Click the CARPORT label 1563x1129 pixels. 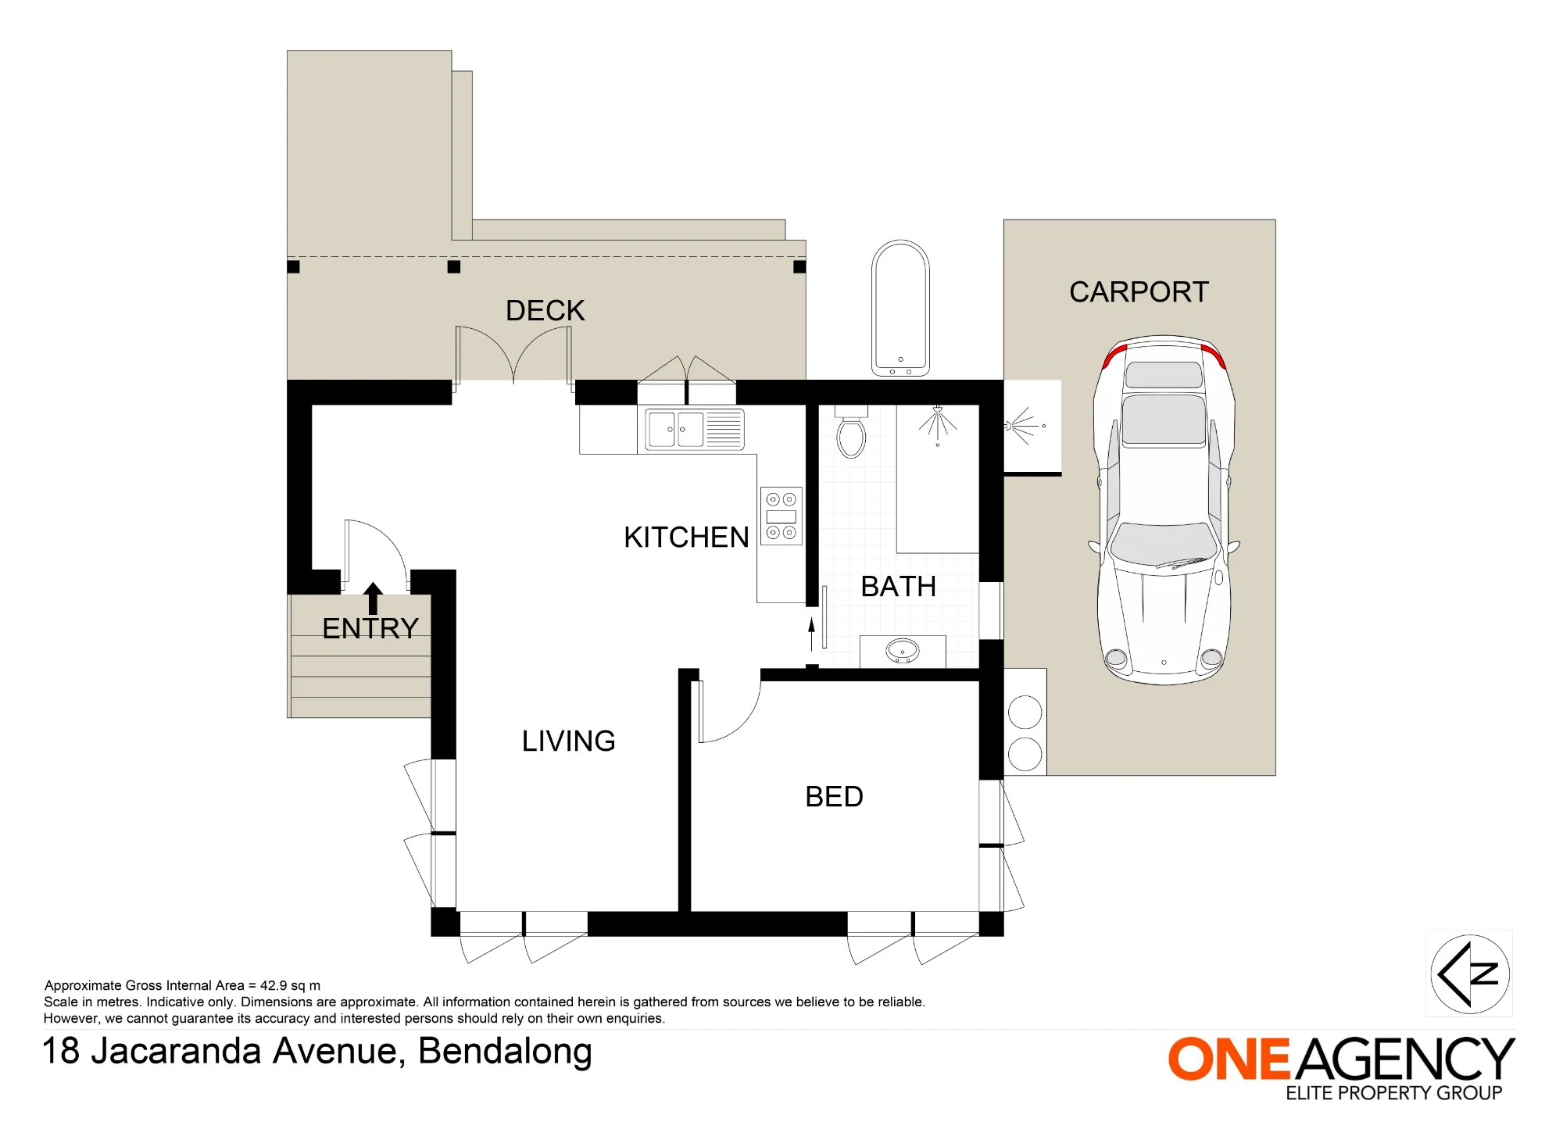1139,292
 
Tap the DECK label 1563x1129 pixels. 545,310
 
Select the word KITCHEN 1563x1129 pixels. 686,538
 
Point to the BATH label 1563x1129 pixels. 898,587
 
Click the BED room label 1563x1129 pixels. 834,797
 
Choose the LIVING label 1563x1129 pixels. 568,741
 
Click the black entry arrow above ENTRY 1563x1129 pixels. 373,598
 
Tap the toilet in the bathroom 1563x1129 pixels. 851,431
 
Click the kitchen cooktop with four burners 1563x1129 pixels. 781,516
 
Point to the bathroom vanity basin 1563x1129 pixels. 902,651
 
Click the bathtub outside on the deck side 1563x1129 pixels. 900,308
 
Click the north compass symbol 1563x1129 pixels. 1469,974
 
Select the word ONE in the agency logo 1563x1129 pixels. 1228,1059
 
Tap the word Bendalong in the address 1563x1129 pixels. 505,1052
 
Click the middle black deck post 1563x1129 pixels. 454,266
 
